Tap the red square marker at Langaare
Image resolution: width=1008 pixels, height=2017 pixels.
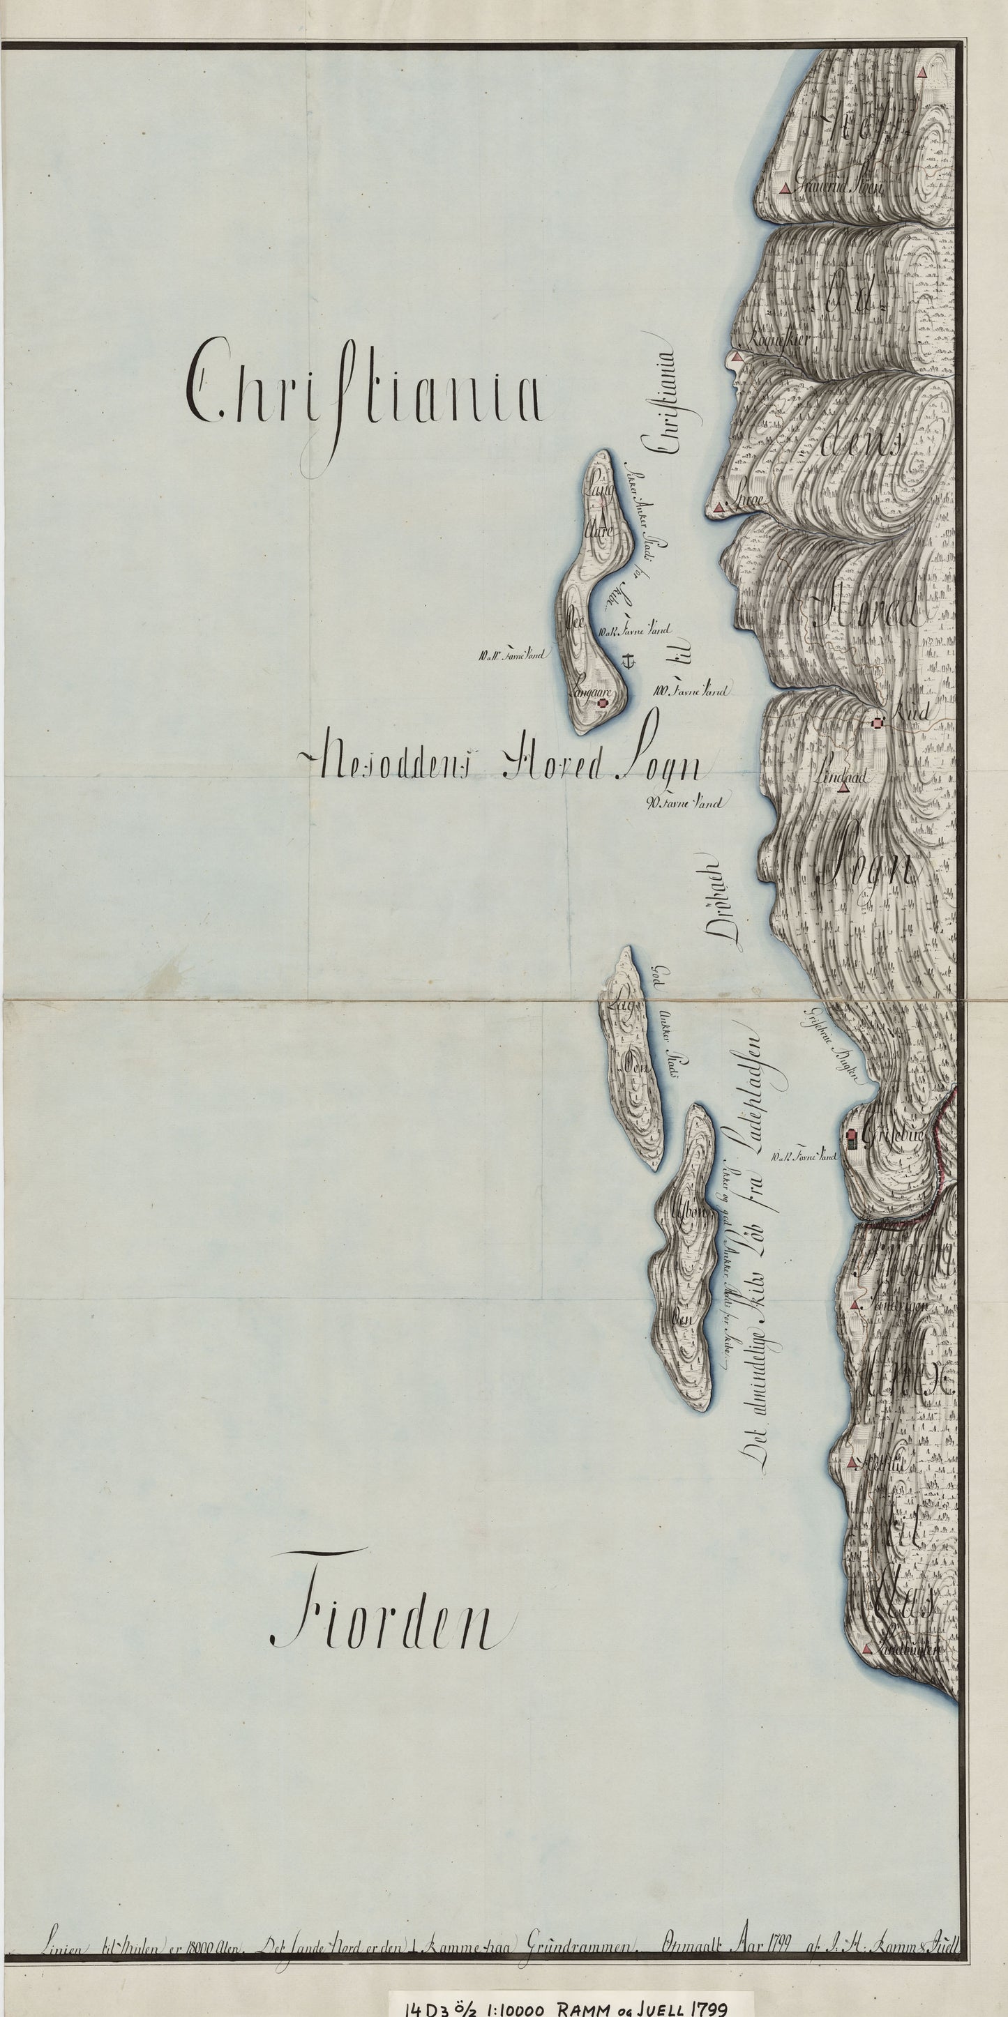[x=602, y=704]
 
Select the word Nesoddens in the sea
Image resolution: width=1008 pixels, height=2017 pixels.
[x=391, y=764]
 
